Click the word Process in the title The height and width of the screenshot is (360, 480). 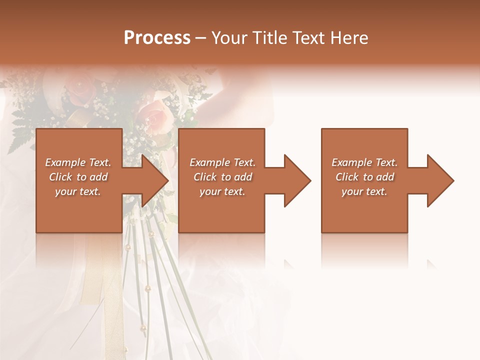coord(157,38)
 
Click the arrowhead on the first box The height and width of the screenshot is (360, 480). coord(152,180)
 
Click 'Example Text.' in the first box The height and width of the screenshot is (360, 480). coord(78,162)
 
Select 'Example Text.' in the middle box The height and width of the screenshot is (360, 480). coord(222,162)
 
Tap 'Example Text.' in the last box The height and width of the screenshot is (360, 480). coord(364,162)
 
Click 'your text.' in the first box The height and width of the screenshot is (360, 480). coord(78,191)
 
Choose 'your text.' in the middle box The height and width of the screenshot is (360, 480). coord(222,191)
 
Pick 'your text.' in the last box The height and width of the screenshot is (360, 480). coord(364,191)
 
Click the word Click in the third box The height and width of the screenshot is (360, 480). coord(347,177)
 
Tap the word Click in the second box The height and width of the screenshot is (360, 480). coord(205,177)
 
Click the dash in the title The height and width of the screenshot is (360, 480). coord(200,38)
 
